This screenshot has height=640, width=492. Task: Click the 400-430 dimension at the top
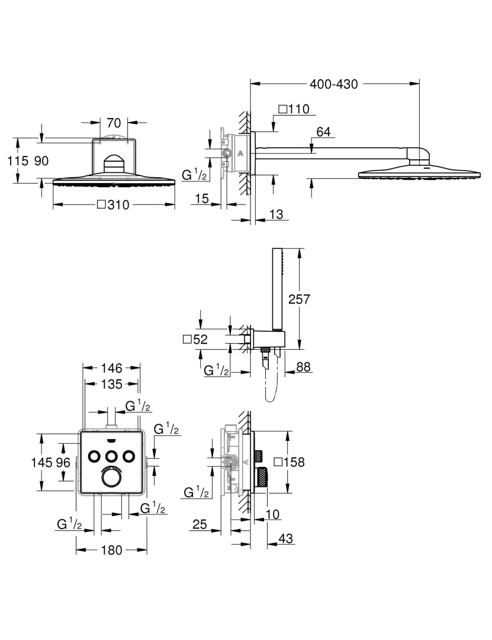pyautogui.click(x=335, y=84)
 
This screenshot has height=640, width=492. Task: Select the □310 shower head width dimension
pyautogui.click(x=112, y=205)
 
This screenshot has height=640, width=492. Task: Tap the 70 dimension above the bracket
pyautogui.click(x=114, y=123)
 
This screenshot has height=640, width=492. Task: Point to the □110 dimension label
pyautogui.click(x=294, y=109)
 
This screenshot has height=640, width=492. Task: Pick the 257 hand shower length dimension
pyautogui.click(x=298, y=299)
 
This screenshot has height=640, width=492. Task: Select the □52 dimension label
pyautogui.click(x=195, y=340)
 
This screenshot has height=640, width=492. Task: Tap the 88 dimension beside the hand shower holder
pyautogui.click(x=303, y=367)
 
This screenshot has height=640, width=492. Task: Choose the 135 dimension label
pyautogui.click(x=111, y=384)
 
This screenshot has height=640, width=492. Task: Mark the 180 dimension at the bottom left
pyautogui.click(x=111, y=550)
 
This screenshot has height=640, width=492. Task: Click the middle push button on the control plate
pyautogui.click(x=111, y=456)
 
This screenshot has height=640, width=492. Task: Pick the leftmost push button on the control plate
pyautogui.click(x=94, y=456)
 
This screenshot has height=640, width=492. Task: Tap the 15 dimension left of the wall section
pyautogui.click(x=202, y=199)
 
